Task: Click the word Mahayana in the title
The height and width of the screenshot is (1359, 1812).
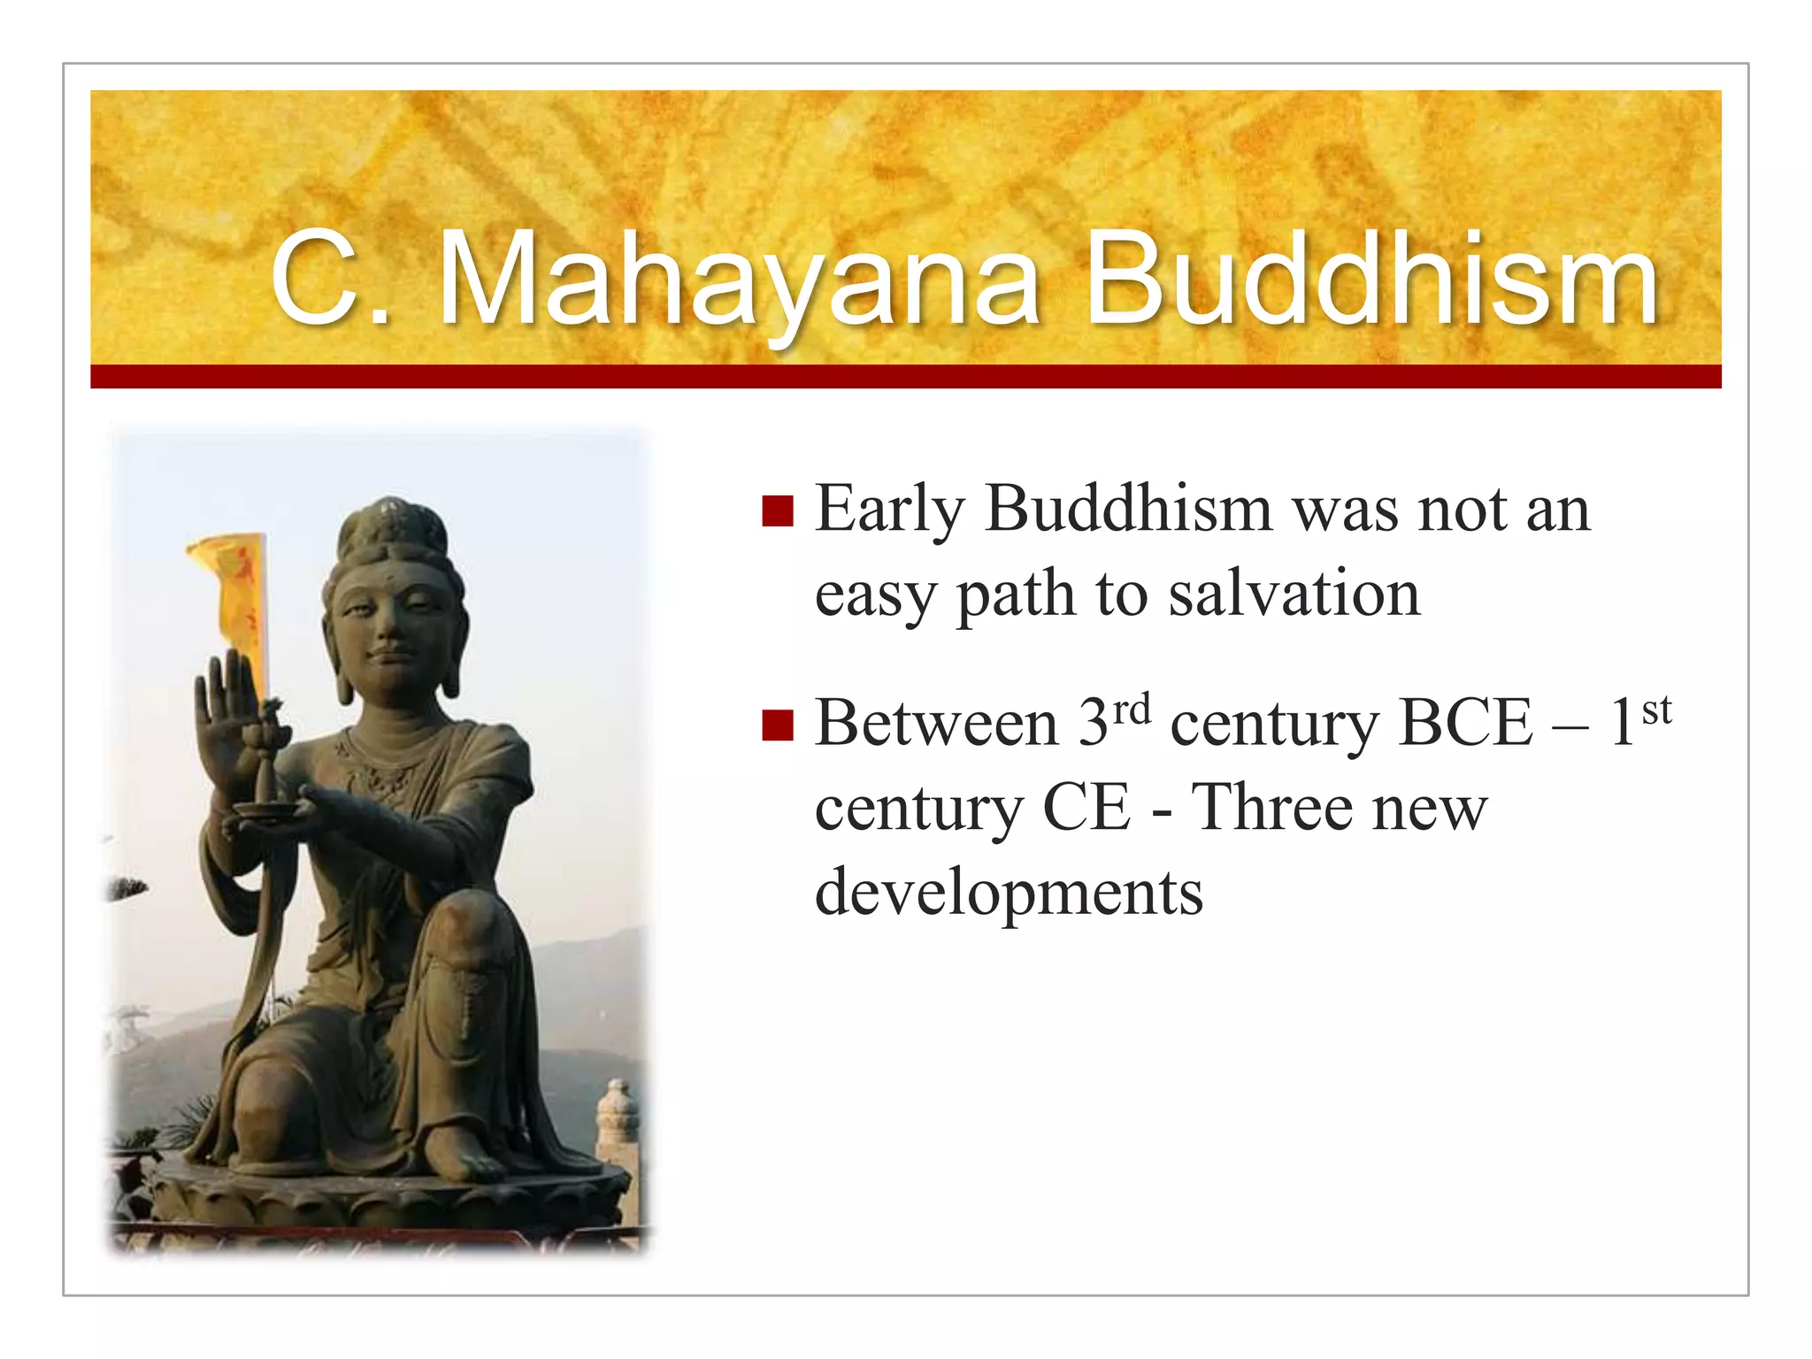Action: point(739,281)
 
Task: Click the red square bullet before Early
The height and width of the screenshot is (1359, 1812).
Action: point(777,511)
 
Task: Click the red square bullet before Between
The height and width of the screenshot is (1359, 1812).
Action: point(777,725)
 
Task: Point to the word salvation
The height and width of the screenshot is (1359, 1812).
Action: point(1294,594)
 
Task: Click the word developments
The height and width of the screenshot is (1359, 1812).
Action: point(1009,892)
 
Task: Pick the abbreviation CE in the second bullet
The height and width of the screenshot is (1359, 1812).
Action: point(1086,808)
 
